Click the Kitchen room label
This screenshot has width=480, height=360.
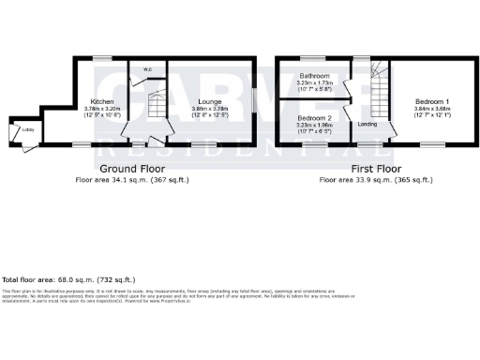coord(101,100)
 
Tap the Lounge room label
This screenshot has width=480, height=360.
coord(210,100)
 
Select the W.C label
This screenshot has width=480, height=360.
coord(147,68)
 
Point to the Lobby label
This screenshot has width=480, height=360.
coord(16,129)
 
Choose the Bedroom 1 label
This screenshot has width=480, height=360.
coord(434,100)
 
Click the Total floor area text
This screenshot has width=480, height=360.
coord(68,279)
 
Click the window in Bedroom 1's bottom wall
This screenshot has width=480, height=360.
coord(432,146)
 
